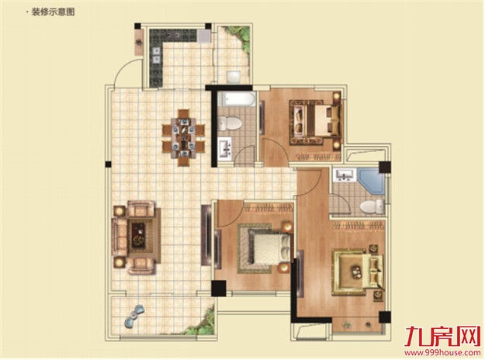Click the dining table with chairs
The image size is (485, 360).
tap(183, 137)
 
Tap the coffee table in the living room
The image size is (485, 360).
tap(139, 235)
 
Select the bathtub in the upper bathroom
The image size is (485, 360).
tap(237, 99)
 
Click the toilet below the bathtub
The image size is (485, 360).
tap(230, 123)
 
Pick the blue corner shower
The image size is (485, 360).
tap(372, 181)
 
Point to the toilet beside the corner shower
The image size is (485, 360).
tap(372, 206)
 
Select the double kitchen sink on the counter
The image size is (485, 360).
tap(156, 55)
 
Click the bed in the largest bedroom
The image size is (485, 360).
tap(359, 272)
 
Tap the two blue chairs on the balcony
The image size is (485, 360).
tap(135, 316)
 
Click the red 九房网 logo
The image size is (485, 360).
tap(442, 337)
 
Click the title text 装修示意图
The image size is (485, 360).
tap(53, 12)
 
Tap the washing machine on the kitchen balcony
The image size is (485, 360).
tap(234, 77)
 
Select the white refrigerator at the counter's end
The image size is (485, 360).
tap(205, 36)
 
